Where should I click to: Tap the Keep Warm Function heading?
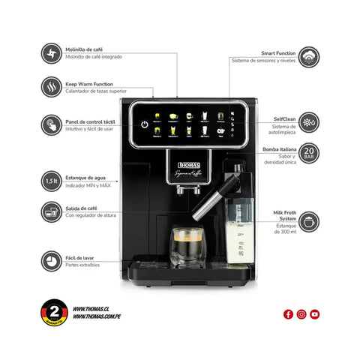pos(89,85)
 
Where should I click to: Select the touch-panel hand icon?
pos(52,124)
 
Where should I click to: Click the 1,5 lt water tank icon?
pos(52,181)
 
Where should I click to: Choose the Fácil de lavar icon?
pos(52,259)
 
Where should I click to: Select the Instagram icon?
pos(301,314)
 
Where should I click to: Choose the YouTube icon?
pos(314,314)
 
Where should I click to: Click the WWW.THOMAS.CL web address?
pos(93,309)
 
